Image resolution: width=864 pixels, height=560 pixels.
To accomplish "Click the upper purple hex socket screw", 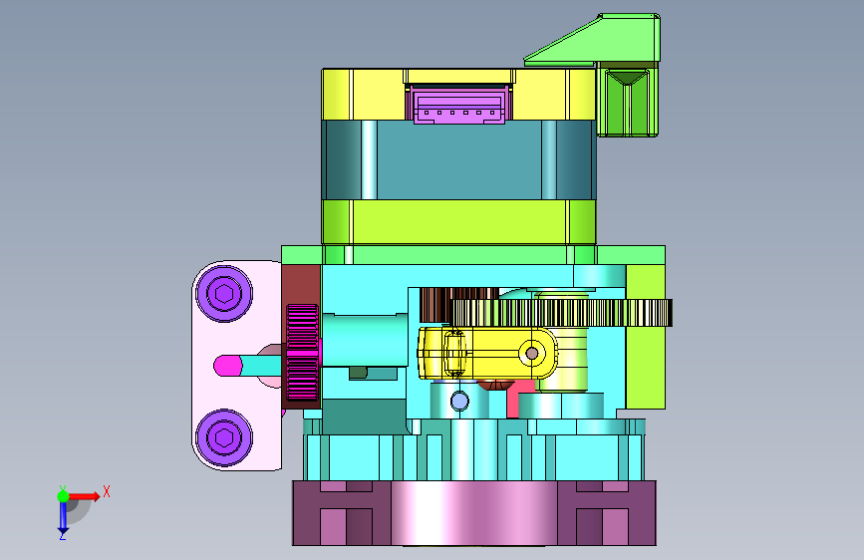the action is [224, 293].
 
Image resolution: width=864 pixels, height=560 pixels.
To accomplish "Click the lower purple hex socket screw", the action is [224, 437].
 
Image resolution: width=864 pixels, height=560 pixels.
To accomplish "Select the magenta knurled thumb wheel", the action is [303, 352].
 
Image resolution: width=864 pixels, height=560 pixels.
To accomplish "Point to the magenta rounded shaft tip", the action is [227, 366].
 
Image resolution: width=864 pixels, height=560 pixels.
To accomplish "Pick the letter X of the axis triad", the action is [107, 491].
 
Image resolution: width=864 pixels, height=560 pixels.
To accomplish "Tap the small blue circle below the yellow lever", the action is [459, 401].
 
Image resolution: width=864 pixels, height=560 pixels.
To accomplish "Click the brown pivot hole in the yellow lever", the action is [532, 354].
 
